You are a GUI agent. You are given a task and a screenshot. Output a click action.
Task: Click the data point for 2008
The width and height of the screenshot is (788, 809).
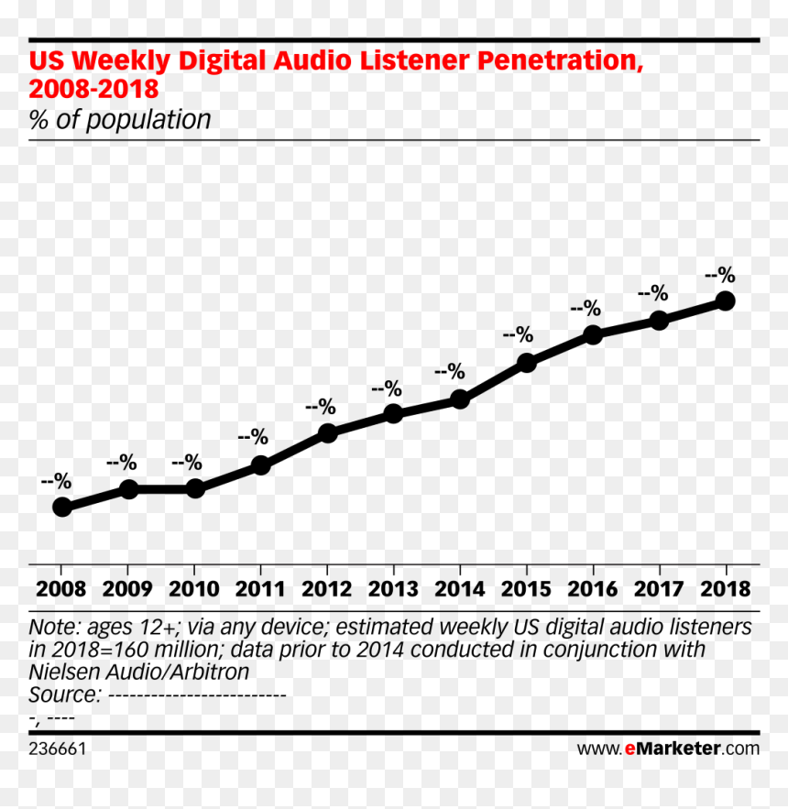coord(62,508)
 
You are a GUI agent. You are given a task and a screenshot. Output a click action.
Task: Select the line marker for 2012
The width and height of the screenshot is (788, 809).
coord(328,432)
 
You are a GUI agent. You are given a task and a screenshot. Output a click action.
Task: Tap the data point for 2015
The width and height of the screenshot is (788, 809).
coord(526,363)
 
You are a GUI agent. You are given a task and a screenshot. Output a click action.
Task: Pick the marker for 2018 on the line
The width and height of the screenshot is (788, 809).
coord(726,301)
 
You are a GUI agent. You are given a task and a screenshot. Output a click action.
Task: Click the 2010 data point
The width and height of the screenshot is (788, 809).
coord(195,488)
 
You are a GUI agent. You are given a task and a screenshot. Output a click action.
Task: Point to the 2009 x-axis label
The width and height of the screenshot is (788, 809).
coord(127,589)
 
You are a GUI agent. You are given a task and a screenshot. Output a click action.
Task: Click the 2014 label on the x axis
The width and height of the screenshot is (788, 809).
coord(460,589)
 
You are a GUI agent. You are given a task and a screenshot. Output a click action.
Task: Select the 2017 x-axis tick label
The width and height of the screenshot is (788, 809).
coord(659,589)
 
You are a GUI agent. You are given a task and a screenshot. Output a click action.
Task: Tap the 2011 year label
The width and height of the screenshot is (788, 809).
coord(260,589)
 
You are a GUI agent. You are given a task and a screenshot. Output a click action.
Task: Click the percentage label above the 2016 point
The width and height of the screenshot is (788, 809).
coord(586,309)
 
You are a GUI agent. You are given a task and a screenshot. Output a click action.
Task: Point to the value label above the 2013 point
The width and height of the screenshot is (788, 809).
coord(387,388)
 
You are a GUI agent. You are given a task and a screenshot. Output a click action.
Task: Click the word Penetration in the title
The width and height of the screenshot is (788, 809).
coord(561,60)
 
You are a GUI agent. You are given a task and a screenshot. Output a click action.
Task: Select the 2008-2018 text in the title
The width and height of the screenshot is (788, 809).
coord(94,89)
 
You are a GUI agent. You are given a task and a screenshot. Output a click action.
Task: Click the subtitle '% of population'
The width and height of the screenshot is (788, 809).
coord(120,120)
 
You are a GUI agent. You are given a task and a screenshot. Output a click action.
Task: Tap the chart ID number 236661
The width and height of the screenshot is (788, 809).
coord(58,749)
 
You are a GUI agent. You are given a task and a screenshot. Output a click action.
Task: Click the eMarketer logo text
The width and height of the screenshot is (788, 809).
coord(668,749)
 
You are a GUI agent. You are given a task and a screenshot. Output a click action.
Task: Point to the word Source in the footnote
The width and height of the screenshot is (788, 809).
coord(64,694)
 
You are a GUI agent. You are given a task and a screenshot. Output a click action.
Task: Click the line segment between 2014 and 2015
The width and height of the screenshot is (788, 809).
coord(493,381)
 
